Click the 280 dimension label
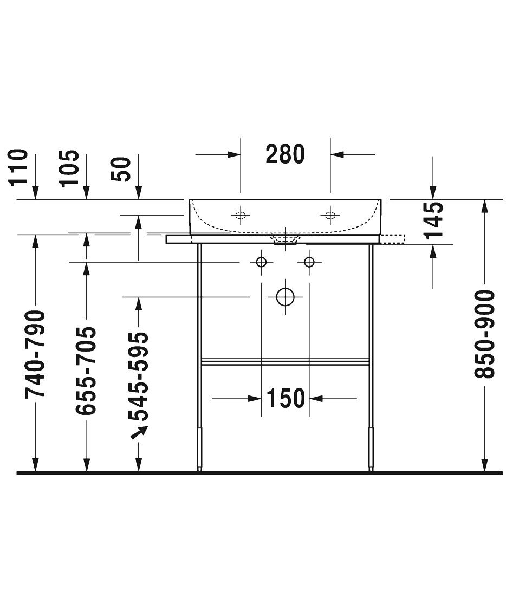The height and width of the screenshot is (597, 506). [x=285, y=154]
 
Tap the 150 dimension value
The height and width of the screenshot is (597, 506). [x=286, y=398]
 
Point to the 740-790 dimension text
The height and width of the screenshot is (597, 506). [x=35, y=354]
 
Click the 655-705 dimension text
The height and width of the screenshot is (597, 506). [x=86, y=371]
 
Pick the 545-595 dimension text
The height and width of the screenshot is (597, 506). [x=138, y=377]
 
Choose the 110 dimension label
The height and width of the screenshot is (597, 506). [x=18, y=167]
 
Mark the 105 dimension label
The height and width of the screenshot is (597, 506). [x=70, y=168]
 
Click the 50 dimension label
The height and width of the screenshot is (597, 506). [x=121, y=170]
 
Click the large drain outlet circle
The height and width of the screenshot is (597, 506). [x=285, y=296]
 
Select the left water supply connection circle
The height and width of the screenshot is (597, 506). [x=261, y=262]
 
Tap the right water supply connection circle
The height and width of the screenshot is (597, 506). [x=309, y=262]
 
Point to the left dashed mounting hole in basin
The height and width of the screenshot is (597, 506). [x=240, y=216]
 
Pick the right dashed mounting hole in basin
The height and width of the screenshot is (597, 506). [x=330, y=216]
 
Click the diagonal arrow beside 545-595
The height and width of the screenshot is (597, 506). [x=139, y=432]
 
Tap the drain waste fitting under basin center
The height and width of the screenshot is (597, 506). [x=285, y=240]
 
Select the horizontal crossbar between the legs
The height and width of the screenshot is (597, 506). [x=285, y=362]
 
